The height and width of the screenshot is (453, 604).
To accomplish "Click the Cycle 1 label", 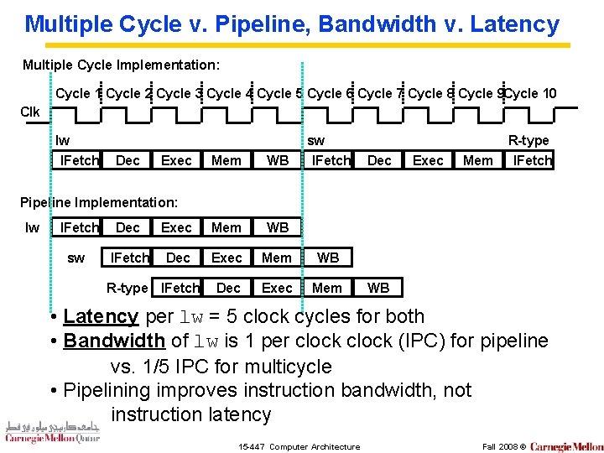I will [x=78, y=93].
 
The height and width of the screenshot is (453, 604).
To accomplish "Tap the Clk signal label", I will [x=30, y=112].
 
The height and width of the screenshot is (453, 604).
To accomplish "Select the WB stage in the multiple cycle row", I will [x=278, y=160].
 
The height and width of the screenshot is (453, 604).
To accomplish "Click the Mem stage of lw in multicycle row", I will [x=226, y=160].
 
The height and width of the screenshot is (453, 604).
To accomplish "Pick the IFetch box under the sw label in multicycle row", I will [x=331, y=160].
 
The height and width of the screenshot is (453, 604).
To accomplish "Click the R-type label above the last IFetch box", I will [x=528, y=141].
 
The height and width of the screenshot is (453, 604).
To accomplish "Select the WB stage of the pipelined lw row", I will [x=278, y=227].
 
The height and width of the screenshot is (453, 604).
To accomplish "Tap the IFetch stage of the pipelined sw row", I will [x=130, y=258].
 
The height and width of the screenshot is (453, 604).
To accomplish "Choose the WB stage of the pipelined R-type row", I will [x=378, y=288].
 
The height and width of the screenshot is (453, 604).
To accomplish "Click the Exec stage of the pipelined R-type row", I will [x=277, y=288].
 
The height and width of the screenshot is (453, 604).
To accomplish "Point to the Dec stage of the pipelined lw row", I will [x=128, y=227].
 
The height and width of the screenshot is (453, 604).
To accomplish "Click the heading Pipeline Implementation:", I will [x=99, y=202].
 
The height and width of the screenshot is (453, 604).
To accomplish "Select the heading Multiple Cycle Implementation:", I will [x=122, y=65].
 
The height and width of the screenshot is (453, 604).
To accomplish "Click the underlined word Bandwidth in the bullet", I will [x=114, y=341].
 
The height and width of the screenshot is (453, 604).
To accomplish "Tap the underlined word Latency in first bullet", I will [x=101, y=316].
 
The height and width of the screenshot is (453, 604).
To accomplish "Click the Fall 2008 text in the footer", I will [x=498, y=446].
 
